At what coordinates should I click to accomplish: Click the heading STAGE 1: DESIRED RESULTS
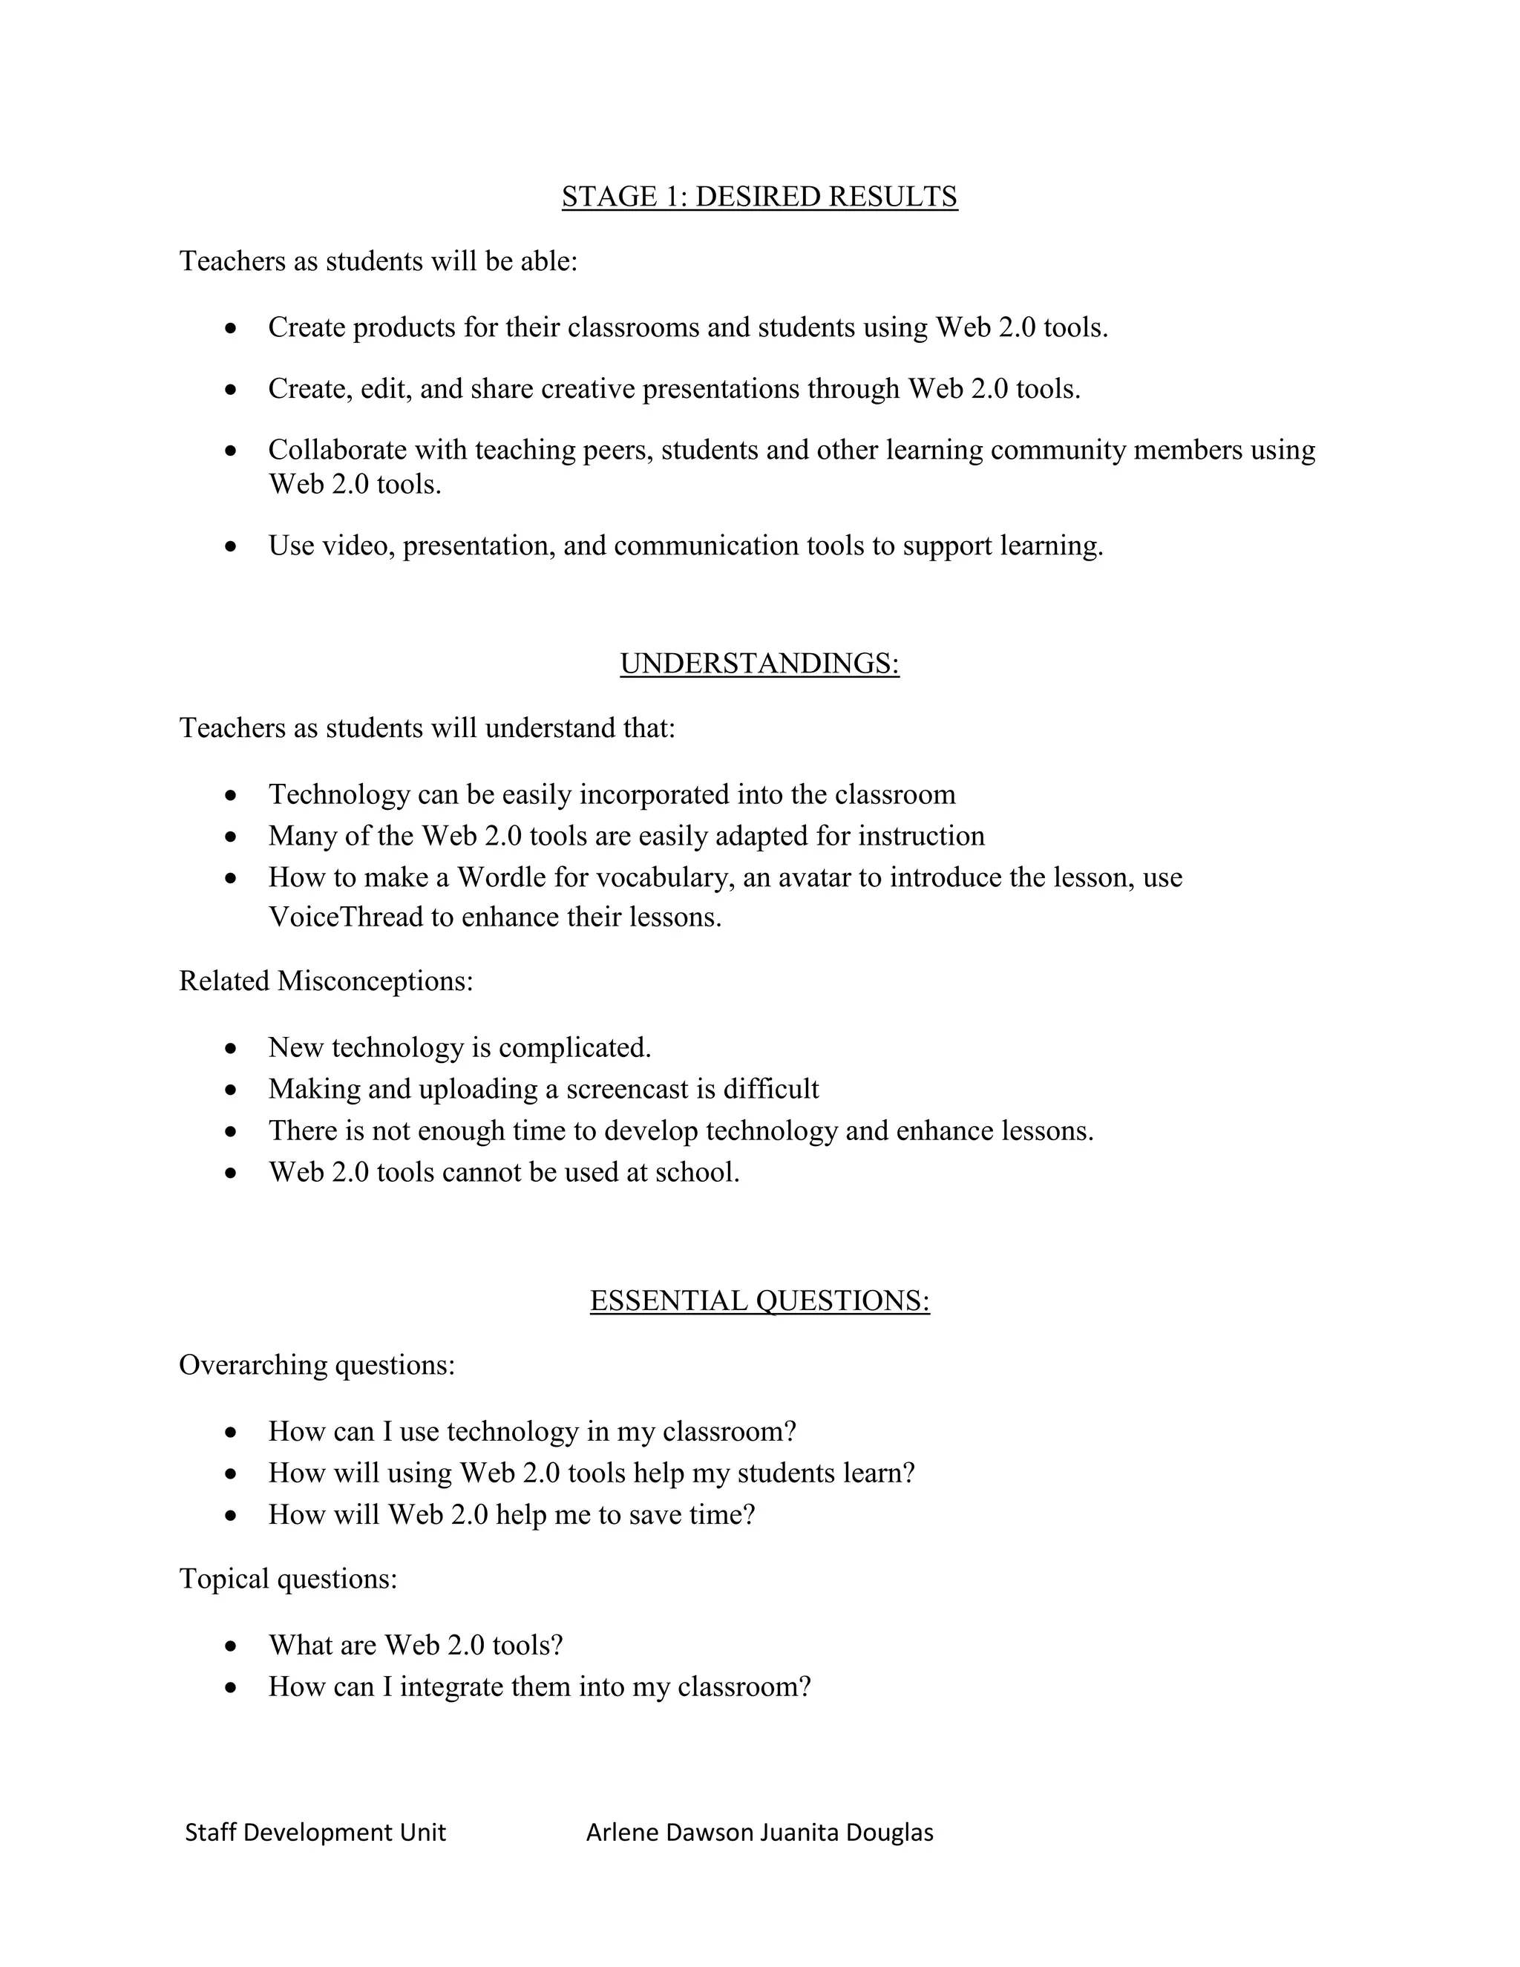pyautogui.click(x=759, y=197)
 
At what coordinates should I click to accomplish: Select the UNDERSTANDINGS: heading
pyautogui.click(x=759, y=663)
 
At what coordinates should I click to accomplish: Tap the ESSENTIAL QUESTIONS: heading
pyautogui.click(x=759, y=1300)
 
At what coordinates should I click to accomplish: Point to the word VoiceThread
pyautogui.click(x=346, y=917)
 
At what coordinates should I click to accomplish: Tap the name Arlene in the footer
pyautogui.click(x=621, y=1832)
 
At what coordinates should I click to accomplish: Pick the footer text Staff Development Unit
pyautogui.click(x=315, y=1832)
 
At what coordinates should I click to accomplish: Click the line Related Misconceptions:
pyautogui.click(x=326, y=981)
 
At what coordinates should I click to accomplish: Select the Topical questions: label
pyautogui.click(x=288, y=1578)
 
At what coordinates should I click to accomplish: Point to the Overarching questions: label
pyautogui.click(x=317, y=1364)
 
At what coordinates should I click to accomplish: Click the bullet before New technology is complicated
pyautogui.click(x=232, y=1048)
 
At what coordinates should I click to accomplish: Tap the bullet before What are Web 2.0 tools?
pyautogui.click(x=232, y=1646)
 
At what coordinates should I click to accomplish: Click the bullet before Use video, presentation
pyautogui.click(x=232, y=547)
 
